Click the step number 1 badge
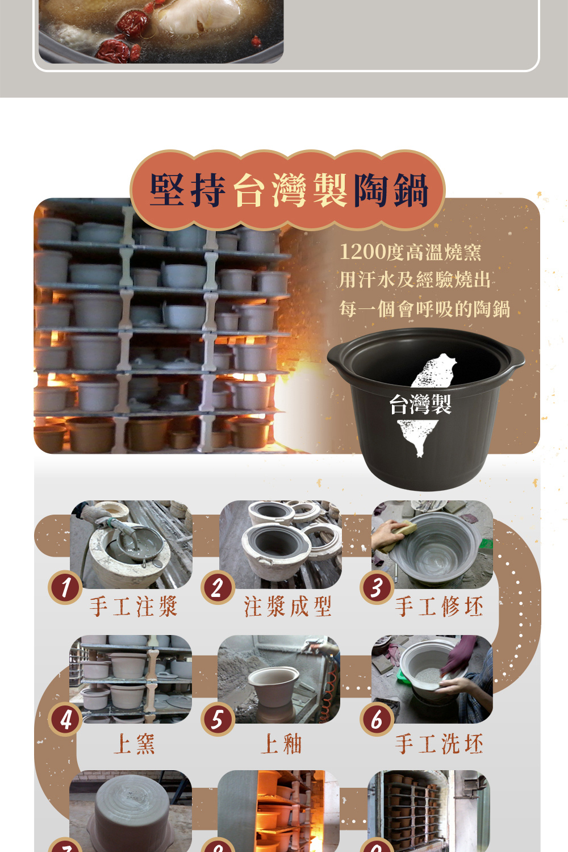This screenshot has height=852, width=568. (65, 587)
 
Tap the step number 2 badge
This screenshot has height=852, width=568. (218, 587)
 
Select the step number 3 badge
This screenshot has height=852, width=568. (377, 587)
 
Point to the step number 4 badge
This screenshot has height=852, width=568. (65, 719)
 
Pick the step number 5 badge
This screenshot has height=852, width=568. (218, 719)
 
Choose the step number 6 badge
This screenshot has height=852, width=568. (377, 719)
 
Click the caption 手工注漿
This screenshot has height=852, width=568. (133, 606)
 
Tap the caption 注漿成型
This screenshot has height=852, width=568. (287, 606)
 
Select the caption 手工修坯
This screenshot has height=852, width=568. (440, 606)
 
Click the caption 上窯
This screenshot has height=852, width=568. (134, 744)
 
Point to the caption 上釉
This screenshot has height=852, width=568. (281, 744)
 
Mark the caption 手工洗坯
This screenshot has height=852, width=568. (440, 744)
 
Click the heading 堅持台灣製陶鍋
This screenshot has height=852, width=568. (289, 190)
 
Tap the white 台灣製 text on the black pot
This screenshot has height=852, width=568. (420, 404)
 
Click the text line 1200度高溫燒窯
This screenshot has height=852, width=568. (411, 252)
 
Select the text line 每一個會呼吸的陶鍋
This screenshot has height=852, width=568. (424, 308)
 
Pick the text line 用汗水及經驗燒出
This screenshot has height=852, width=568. (415, 280)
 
